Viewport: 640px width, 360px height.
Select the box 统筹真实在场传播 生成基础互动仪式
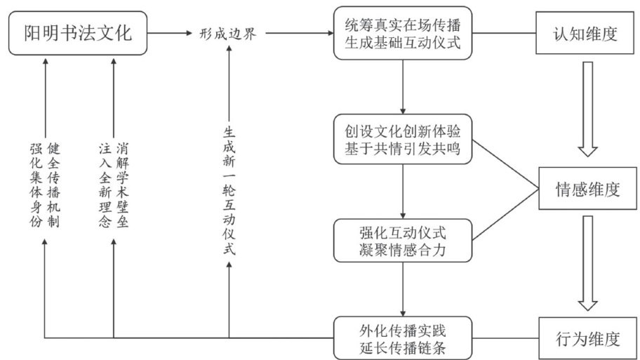(x=403, y=33)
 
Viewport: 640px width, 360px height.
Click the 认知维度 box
(x=585, y=33)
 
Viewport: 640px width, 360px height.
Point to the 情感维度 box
(x=587, y=188)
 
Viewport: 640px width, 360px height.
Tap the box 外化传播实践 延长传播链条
(x=403, y=338)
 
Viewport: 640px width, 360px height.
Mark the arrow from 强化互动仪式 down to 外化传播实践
(x=403, y=288)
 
